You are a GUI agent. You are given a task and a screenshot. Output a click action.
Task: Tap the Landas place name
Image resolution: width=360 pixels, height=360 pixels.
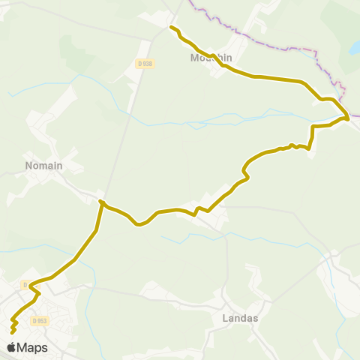tap(241, 318)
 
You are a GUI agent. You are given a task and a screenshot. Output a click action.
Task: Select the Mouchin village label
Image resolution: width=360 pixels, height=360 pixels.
tap(211, 57)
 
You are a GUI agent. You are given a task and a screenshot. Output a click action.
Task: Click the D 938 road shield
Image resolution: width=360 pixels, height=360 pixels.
tap(145, 64)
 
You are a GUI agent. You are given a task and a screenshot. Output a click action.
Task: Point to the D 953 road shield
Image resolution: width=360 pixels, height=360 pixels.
tap(40, 321)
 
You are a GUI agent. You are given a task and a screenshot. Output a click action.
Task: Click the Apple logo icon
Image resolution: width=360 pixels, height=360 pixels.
tap(11, 347)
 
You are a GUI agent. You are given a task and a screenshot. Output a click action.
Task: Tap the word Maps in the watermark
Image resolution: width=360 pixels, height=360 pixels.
tap(32, 347)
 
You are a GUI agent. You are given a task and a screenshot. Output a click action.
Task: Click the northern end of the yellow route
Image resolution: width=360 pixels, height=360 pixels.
tap(172, 27)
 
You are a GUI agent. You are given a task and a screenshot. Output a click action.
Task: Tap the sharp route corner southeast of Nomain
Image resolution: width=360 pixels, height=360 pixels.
tap(100, 201)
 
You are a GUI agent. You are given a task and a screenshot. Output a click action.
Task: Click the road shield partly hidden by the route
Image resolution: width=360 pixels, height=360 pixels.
tap(25, 285)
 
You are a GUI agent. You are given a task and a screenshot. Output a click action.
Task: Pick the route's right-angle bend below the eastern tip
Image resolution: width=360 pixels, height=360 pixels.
tap(312, 127)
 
